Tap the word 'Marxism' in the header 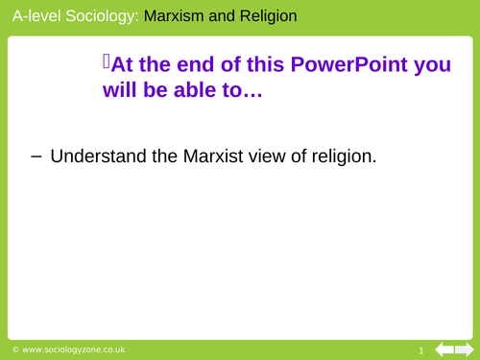[178, 16]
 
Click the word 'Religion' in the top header [268, 16]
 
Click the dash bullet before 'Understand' [36, 155]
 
